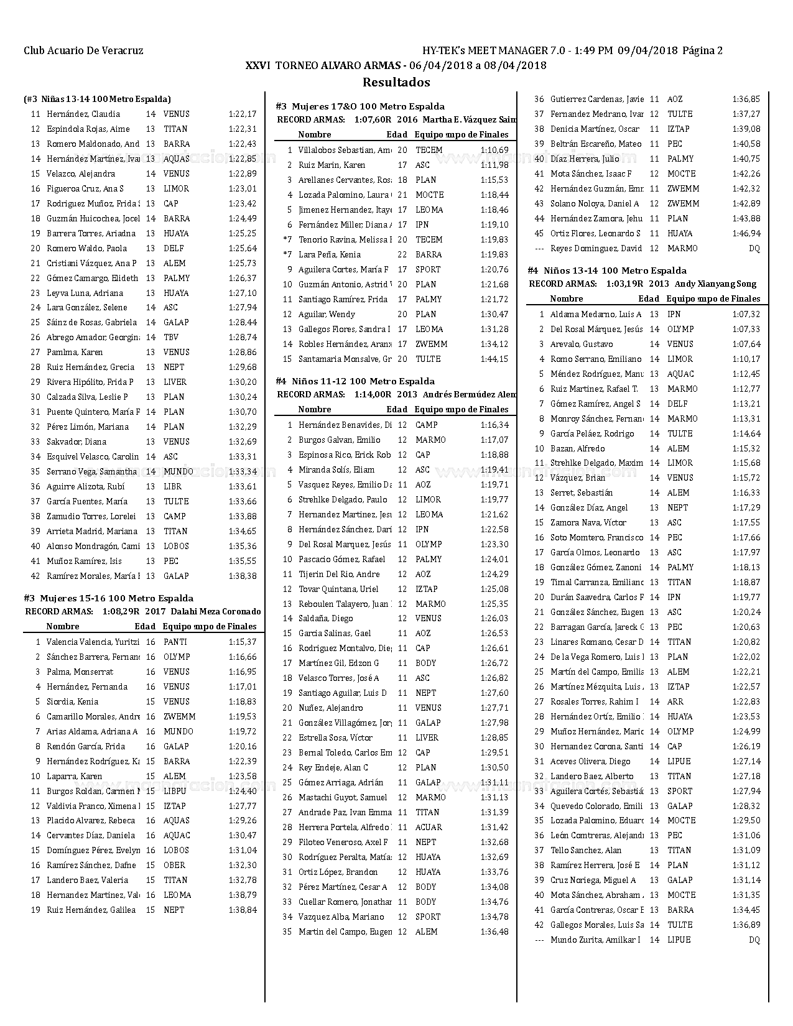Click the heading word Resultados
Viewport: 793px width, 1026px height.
[x=396, y=82]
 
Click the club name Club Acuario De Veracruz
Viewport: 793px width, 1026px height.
[x=83, y=51]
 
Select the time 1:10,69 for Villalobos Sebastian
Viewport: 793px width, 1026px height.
[x=494, y=150]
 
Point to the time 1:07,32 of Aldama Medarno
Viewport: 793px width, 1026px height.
[x=746, y=315]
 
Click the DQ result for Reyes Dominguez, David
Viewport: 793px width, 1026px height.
[x=754, y=249]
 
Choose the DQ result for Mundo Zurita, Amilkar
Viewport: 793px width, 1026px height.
[x=754, y=940]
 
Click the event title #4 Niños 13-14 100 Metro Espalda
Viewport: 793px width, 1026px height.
[x=606, y=270]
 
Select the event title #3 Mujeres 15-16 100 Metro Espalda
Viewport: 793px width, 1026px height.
[x=108, y=598]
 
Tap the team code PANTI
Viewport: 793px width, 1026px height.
[x=175, y=642]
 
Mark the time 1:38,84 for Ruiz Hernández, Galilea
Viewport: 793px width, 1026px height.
[x=243, y=910]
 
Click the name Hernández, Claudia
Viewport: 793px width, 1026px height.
[x=83, y=114]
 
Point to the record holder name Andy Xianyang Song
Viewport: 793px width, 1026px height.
[x=716, y=284]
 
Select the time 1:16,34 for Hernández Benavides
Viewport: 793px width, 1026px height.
[x=494, y=425]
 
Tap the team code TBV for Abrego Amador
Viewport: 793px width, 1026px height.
[x=170, y=338]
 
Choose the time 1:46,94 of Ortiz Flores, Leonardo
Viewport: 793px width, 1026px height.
[x=746, y=234]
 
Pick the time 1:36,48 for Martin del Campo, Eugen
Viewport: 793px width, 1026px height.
[x=494, y=932]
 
